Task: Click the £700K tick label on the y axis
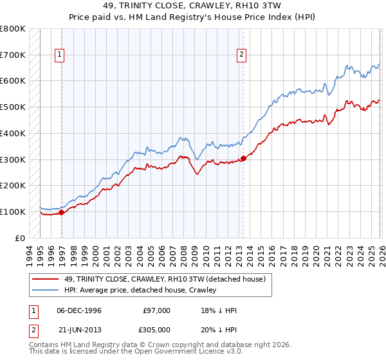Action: click(13, 55)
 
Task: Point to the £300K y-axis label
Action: click(13, 159)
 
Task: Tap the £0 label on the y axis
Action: click(20, 238)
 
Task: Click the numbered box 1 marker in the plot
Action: click(59, 55)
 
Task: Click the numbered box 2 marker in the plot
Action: click(241, 55)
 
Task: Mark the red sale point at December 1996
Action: click(62, 212)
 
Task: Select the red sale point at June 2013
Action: click(243, 158)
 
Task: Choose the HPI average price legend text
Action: click(140, 290)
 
